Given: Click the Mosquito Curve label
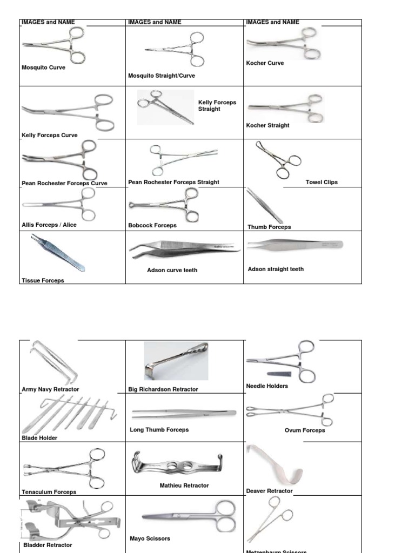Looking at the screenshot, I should pos(43,68).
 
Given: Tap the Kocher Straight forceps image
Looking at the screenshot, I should pos(286,108).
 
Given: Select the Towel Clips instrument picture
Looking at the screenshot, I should pos(279,159).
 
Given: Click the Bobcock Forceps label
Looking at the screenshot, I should pos(152,225).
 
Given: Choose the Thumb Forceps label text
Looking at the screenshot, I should pos(269,227).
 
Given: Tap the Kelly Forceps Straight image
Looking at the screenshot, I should pos(165,107).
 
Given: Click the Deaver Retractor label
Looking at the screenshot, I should pos(269,491).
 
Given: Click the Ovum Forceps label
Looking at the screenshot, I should pos(305,430).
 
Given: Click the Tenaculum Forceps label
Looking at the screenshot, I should pos(49,492).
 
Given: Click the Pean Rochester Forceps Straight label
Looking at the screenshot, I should pos(173,182).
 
